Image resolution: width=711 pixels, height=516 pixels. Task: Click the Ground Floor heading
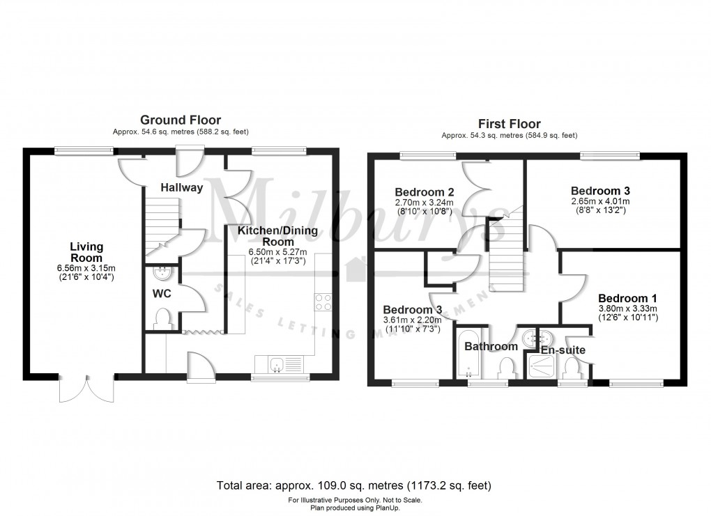point(181,120)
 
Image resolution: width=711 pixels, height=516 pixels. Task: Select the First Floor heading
point(509,124)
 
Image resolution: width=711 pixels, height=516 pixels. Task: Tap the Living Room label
point(86,251)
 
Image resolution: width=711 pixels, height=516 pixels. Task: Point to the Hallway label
point(181,187)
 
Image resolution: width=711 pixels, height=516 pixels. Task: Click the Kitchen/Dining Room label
point(277,235)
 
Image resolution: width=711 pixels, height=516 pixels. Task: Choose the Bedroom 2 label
point(424,192)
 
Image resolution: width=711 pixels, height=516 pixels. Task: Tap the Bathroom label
point(491,346)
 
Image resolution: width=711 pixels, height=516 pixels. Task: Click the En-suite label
point(563,350)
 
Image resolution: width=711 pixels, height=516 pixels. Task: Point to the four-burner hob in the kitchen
point(324,302)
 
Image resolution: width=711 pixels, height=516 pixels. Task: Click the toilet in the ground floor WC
point(164,318)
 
